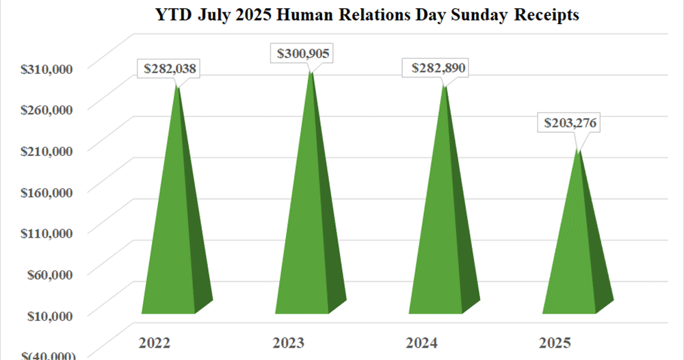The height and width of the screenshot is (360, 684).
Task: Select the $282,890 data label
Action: (438, 68)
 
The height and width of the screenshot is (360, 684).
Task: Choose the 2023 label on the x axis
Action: (288, 342)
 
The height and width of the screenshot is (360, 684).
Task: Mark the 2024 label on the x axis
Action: (421, 342)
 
